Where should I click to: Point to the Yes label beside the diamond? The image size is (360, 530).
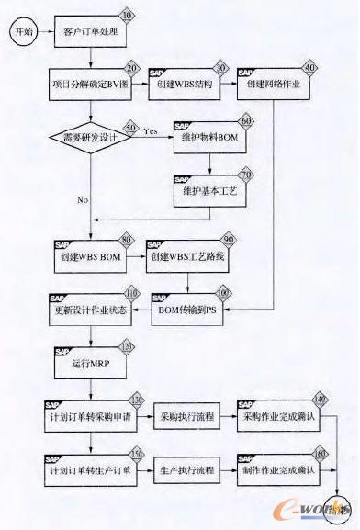150,131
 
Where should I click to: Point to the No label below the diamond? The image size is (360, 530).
84,197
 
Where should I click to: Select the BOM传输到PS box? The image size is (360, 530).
194,312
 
